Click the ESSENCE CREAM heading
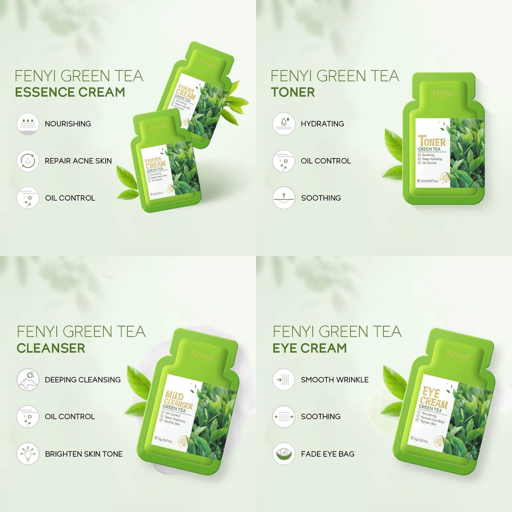coord(70,92)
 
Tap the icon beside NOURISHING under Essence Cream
coord(28,124)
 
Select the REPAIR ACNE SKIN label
coord(78,161)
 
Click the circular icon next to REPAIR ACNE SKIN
coord(28,161)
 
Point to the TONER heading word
coord(293,92)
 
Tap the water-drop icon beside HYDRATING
coord(283,124)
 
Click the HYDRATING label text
coord(322,124)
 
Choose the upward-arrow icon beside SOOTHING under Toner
coord(283,198)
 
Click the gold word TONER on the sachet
coord(432,142)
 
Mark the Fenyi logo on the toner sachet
coord(443,94)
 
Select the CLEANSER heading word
coord(51,348)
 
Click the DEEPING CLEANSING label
coord(83,380)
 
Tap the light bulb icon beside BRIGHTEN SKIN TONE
coord(28,454)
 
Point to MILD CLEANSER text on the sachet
coord(178,399)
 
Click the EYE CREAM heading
coord(309,348)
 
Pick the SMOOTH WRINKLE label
coord(334,380)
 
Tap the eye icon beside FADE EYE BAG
coord(283,454)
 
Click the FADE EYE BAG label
coord(327,454)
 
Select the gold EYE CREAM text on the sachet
coord(434,398)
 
